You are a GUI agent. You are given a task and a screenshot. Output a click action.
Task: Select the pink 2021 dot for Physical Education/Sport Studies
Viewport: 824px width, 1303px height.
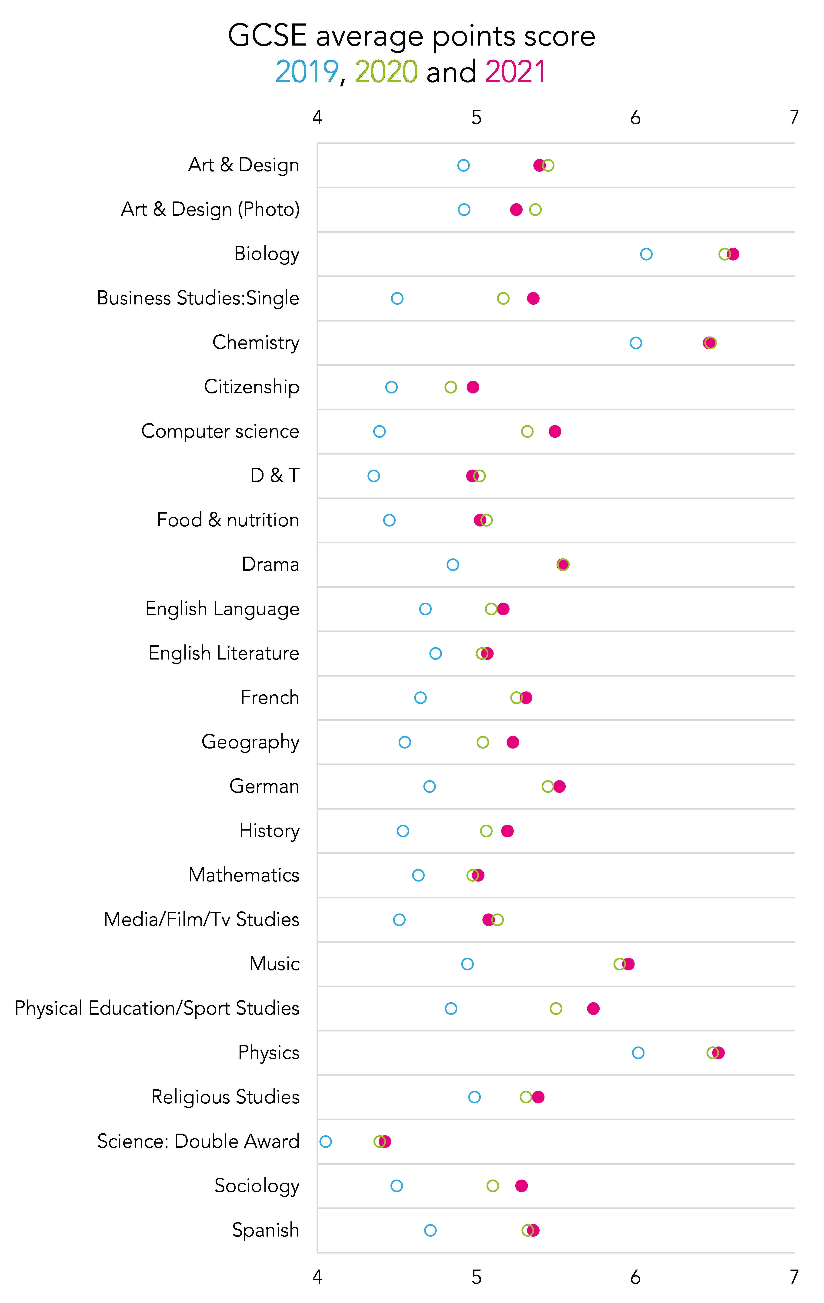click(593, 1008)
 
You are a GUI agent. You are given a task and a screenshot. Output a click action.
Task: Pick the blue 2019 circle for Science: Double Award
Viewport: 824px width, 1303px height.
click(325, 1141)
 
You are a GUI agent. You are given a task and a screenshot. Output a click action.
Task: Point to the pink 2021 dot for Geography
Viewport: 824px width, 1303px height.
click(513, 742)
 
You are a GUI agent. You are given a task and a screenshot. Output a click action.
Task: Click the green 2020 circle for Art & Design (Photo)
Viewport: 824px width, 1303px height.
click(535, 209)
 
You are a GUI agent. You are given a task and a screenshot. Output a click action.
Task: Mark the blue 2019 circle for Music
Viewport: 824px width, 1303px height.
click(467, 964)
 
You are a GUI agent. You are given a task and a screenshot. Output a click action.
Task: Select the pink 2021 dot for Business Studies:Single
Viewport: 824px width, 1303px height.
click(533, 298)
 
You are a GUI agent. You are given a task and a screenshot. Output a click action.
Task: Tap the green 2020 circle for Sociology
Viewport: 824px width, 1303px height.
click(493, 1186)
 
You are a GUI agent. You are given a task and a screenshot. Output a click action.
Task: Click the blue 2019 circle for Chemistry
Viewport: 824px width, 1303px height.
click(636, 343)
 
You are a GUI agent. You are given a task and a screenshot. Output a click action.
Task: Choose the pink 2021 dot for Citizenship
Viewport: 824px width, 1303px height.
click(473, 387)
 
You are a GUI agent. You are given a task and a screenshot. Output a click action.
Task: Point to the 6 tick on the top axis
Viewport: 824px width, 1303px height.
click(635, 117)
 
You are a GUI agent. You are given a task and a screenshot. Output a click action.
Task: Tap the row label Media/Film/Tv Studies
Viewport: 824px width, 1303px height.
click(201, 919)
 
